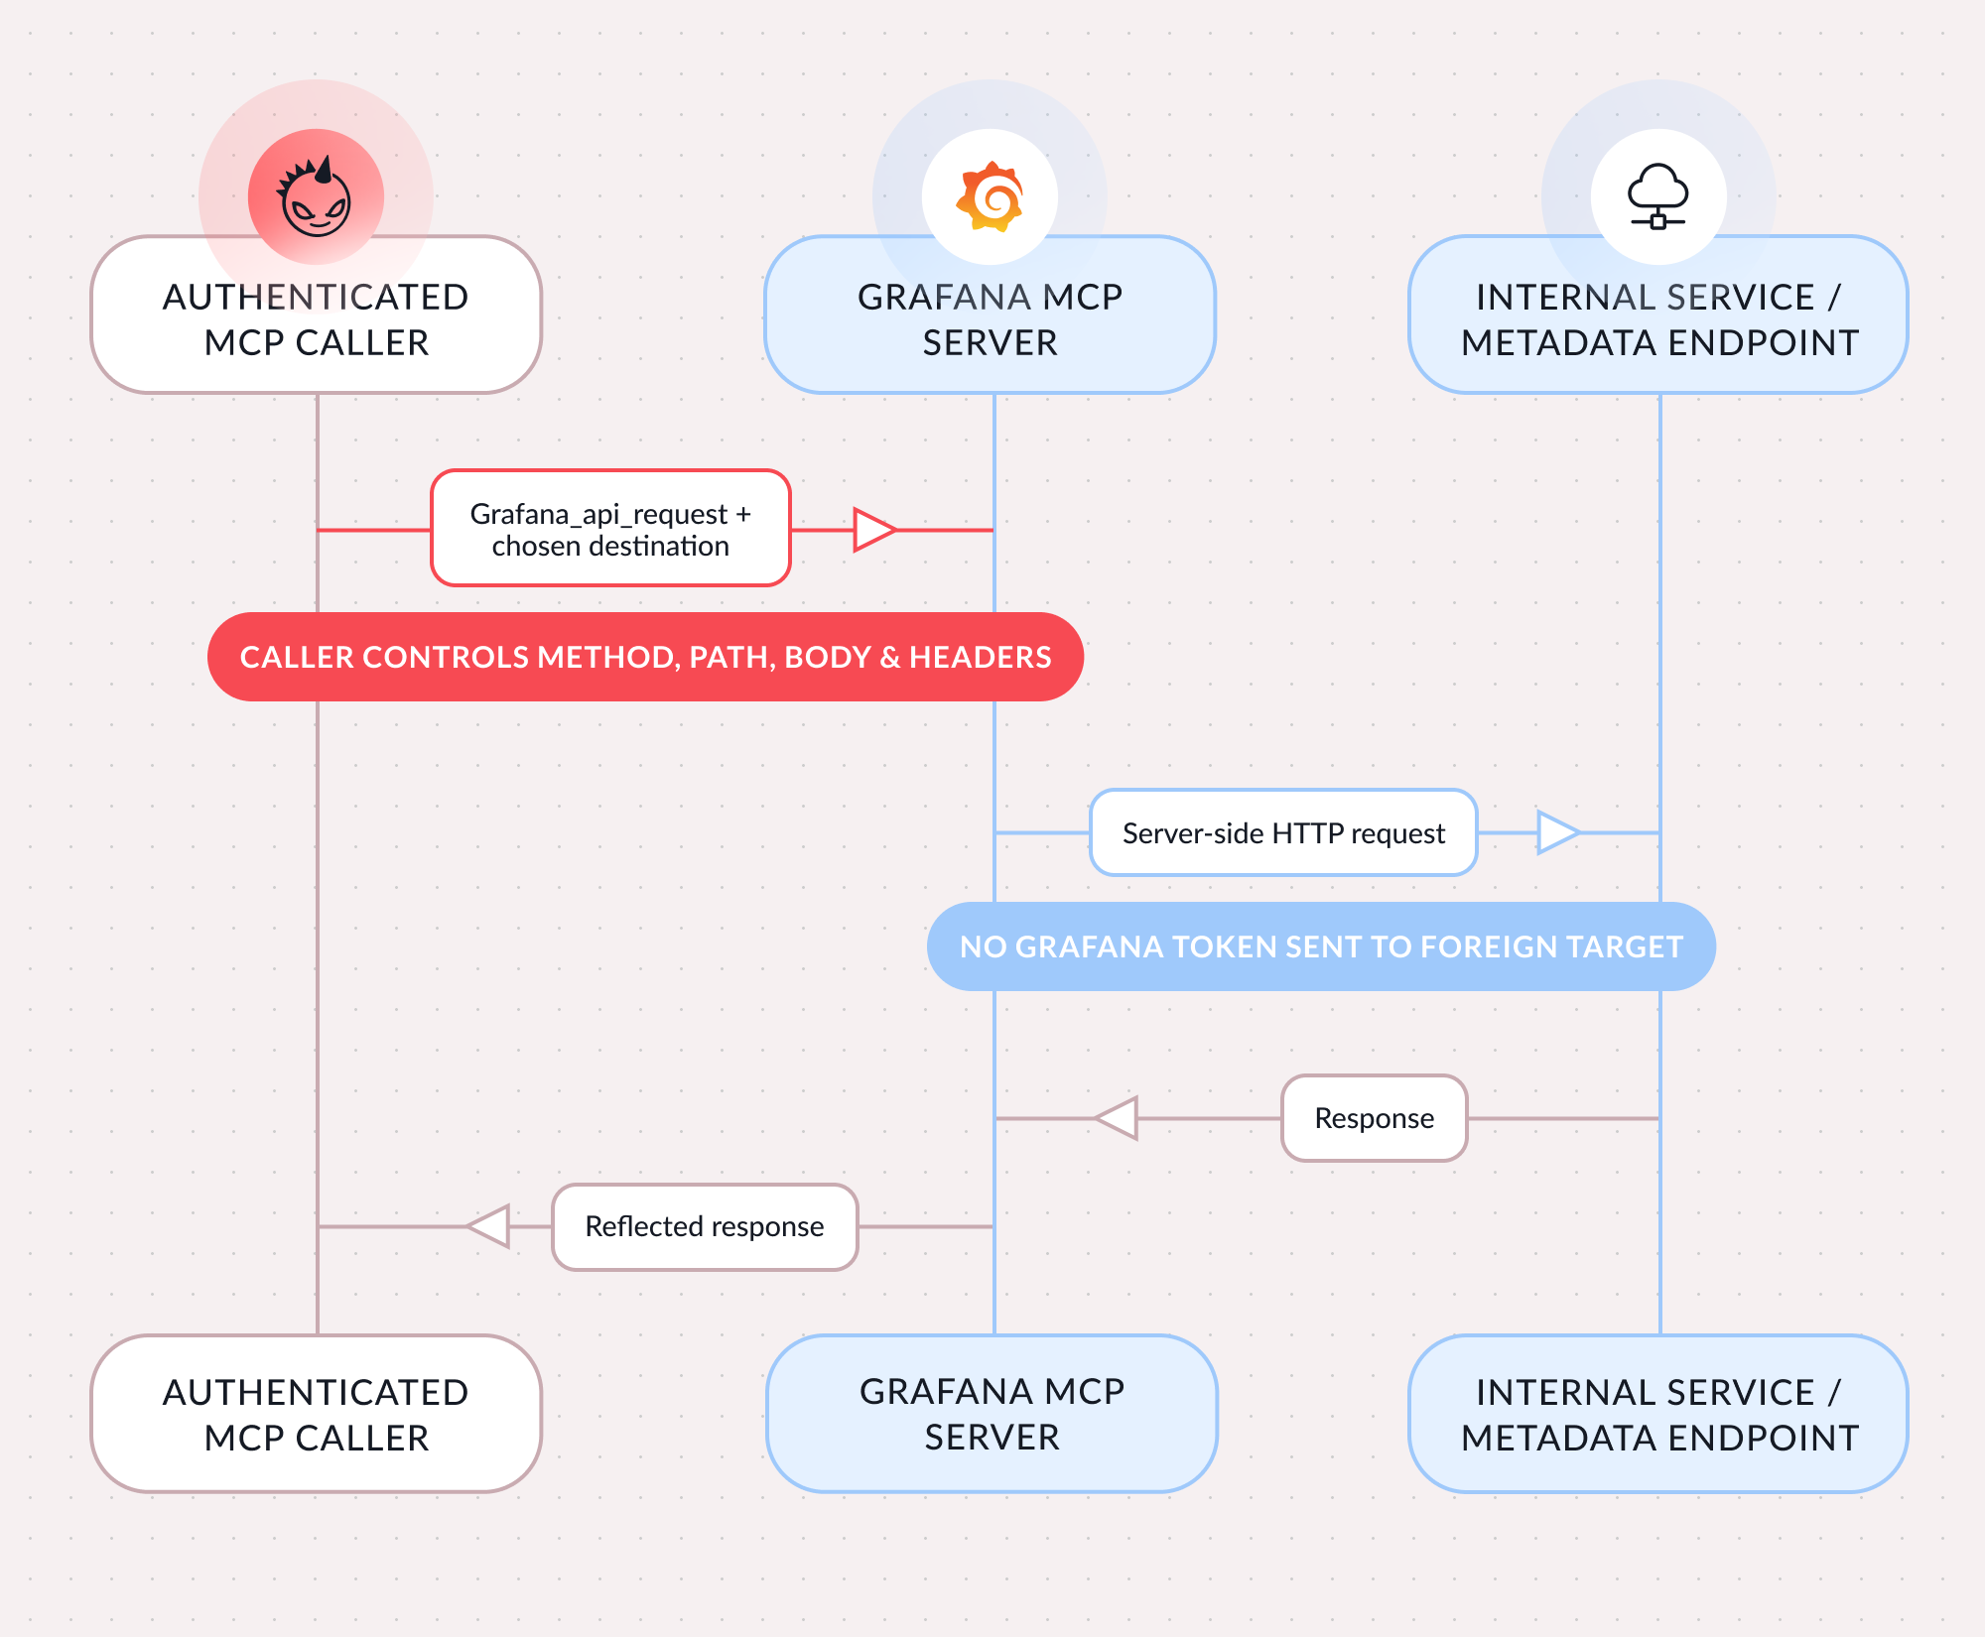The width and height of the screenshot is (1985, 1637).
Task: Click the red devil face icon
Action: [x=316, y=197]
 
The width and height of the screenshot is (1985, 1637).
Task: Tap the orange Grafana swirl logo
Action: [x=990, y=196]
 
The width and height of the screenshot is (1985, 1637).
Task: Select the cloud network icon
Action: [x=1657, y=196]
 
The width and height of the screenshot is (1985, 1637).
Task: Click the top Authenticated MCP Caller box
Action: [x=317, y=315]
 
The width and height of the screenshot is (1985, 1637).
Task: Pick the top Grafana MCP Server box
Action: [x=991, y=315]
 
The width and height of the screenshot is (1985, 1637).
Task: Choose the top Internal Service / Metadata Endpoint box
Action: [x=1658, y=315]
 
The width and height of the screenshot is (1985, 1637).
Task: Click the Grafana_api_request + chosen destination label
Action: [x=610, y=529]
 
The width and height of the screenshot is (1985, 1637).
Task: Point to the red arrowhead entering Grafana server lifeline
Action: [x=874, y=530]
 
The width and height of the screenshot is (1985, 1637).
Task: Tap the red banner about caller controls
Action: [x=645, y=657]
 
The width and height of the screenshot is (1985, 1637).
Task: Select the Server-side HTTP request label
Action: [x=1283, y=833]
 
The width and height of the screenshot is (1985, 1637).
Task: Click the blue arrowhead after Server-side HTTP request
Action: [x=1558, y=832]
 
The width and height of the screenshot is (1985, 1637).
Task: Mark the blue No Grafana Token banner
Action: [x=1321, y=946]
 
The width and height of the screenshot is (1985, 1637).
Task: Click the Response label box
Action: [x=1375, y=1118]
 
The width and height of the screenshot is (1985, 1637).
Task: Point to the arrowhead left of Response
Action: [x=1116, y=1118]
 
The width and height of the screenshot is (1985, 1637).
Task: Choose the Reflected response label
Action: [x=705, y=1227]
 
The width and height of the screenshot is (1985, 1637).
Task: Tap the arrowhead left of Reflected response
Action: [x=488, y=1226]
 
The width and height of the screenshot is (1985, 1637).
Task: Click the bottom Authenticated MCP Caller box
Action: [x=317, y=1414]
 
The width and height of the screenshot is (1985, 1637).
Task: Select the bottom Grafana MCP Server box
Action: [x=992, y=1414]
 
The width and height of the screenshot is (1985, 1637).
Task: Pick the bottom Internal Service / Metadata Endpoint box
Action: [x=1658, y=1414]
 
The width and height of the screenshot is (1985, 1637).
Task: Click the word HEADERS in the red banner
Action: [x=980, y=657]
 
